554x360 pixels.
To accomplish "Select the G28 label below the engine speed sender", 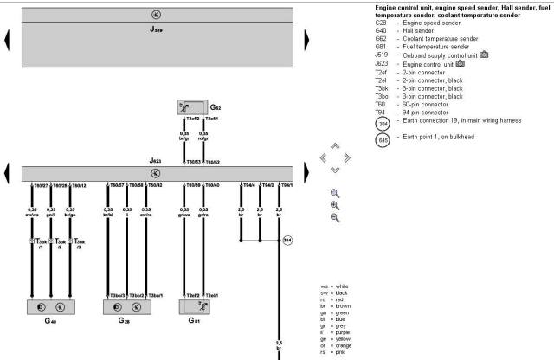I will point(126,320).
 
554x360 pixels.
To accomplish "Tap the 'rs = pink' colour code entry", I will point(334,351).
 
